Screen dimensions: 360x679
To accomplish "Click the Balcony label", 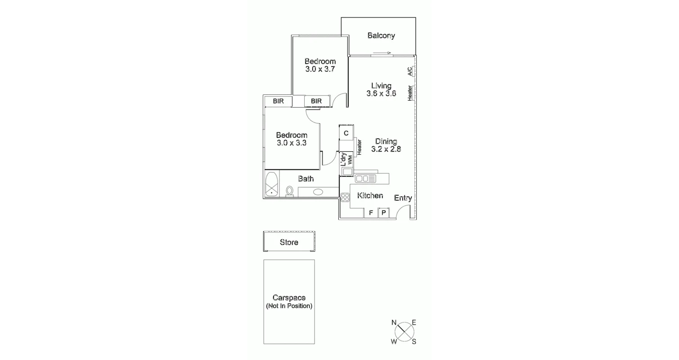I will click(x=381, y=36).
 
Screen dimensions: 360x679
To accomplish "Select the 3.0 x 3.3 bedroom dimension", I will click(x=292, y=143).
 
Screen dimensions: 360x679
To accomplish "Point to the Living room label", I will click(x=381, y=85).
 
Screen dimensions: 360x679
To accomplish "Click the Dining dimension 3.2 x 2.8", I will click(x=386, y=149).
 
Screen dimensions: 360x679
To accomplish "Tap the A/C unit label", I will click(x=409, y=72).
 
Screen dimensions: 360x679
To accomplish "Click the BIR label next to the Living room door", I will click(x=316, y=101).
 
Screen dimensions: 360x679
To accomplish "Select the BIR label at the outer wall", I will click(x=278, y=101).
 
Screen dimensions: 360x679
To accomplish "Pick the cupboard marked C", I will click(x=346, y=133).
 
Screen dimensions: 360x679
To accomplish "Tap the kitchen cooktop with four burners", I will click(x=345, y=197).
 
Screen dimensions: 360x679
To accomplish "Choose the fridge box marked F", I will click(x=371, y=213).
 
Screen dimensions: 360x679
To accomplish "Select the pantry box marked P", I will click(x=384, y=213).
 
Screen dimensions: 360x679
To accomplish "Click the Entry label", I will click(x=403, y=198).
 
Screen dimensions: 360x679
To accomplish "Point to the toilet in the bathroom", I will click(x=290, y=191).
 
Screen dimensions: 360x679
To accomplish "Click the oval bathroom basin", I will click(x=318, y=192).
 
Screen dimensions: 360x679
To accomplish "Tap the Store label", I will click(x=289, y=242).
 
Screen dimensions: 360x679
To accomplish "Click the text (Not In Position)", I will click(x=289, y=306).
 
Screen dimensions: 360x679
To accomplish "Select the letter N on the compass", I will click(x=394, y=322).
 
